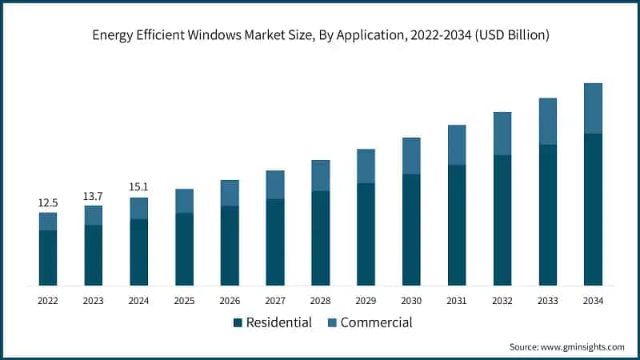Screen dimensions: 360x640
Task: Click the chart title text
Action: (320, 35)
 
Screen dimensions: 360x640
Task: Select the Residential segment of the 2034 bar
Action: (593, 210)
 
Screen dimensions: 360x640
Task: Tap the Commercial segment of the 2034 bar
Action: (593, 108)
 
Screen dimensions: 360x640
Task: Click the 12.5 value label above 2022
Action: (48, 203)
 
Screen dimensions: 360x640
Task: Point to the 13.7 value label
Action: (94, 196)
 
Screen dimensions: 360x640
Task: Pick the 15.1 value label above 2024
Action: (139, 187)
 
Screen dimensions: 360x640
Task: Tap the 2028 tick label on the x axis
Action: (321, 300)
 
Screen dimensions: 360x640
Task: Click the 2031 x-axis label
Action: (457, 300)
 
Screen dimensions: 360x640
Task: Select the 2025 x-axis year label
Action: (184, 300)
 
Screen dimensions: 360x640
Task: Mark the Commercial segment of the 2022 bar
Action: (48, 222)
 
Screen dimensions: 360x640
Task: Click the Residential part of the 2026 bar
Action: (230, 246)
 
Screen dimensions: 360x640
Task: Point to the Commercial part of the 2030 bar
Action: (411, 156)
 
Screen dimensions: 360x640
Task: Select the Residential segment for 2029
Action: (366, 234)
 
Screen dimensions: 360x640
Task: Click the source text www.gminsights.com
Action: (566, 346)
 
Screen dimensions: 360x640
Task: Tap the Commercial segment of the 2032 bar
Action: (502, 134)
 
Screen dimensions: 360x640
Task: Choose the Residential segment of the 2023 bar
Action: (94, 255)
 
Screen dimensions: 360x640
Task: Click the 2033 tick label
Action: (547, 300)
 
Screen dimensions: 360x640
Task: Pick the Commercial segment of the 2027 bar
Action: (275, 185)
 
